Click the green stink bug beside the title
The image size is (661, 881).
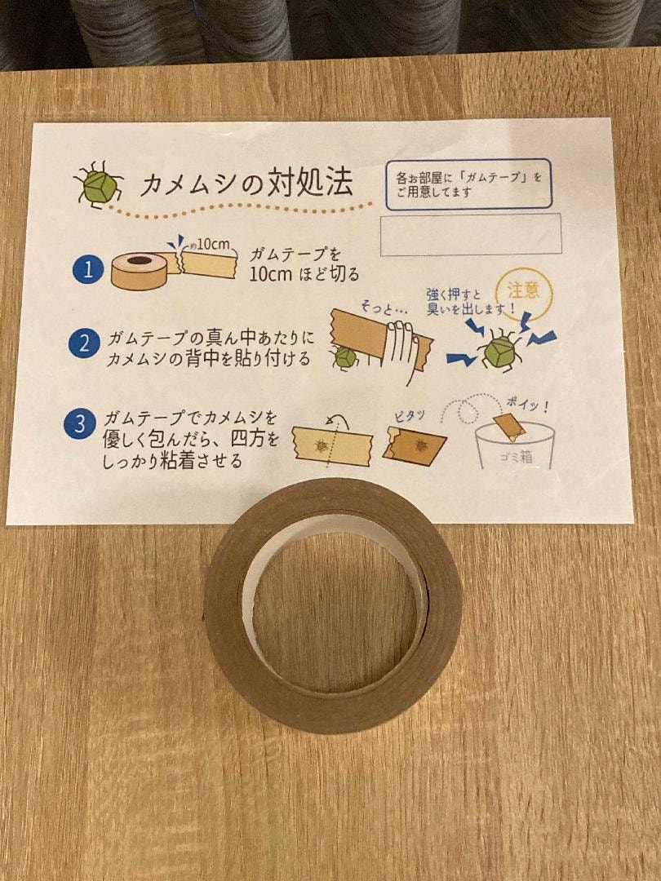point(99,185)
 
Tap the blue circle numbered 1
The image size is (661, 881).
point(88,270)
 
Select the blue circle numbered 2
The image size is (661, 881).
point(84,343)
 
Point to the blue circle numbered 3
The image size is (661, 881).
point(79,425)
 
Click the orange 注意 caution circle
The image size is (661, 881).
point(525,294)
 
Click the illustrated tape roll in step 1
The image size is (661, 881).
point(140,270)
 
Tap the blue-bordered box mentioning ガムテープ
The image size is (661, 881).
point(468,184)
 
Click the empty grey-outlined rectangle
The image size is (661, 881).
point(471,234)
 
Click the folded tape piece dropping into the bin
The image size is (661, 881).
point(510,425)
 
